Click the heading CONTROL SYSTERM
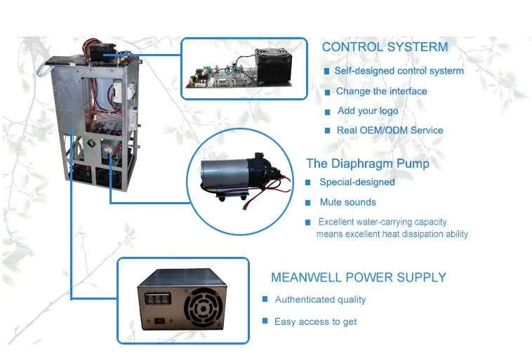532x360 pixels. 384,47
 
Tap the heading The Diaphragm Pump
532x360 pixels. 367,164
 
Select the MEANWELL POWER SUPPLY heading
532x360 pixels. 358,277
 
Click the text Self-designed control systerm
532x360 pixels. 399,71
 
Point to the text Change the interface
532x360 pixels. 381,91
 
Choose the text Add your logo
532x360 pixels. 367,111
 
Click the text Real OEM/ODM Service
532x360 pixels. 390,130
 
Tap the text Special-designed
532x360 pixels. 357,182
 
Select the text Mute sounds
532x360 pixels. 348,202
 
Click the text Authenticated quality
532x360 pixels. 320,300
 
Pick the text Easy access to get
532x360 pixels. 315,321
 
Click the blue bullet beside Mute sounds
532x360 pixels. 308,203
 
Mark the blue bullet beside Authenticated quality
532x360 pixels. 265,299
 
